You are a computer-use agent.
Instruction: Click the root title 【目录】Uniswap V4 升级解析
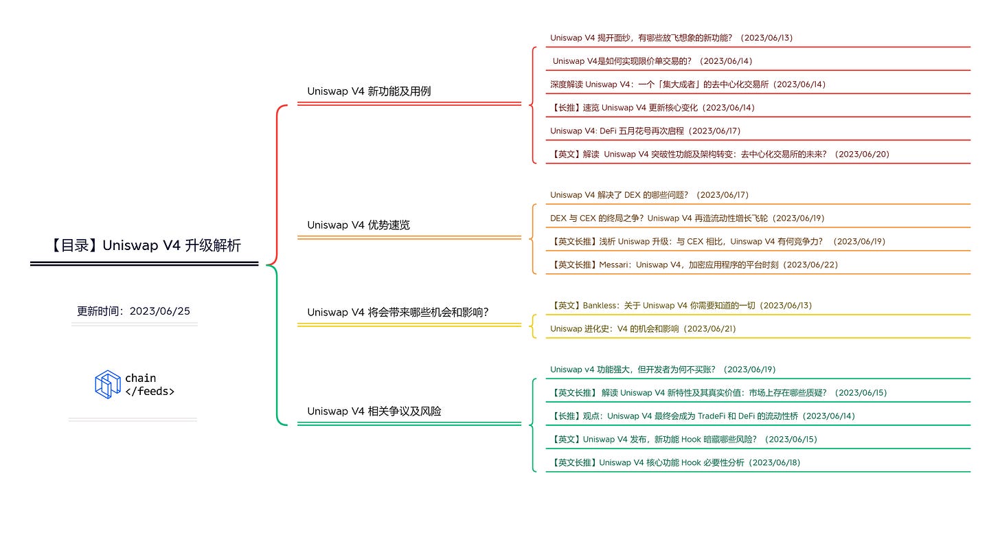tap(145, 245)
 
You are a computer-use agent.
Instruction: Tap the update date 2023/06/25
tap(159, 311)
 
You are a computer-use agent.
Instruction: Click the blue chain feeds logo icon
tap(108, 384)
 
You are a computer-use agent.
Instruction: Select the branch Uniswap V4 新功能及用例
tap(369, 91)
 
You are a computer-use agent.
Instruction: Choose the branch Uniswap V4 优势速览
tap(359, 225)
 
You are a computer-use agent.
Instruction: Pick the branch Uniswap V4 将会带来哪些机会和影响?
tap(398, 312)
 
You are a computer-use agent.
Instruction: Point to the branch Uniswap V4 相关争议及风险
tap(374, 411)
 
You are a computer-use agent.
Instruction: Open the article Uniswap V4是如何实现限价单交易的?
tap(652, 61)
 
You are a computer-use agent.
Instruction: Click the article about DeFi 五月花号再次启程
tap(645, 131)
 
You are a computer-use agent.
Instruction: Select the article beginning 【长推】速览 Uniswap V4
tap(652, 107)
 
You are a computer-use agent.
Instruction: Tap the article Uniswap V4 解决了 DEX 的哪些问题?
tap(649, 195)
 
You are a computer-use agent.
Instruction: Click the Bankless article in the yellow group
tap(681, 305)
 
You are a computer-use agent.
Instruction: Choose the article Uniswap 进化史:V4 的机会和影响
tap(643, 328)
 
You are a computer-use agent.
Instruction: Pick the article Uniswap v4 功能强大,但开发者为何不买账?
tap(663, 370)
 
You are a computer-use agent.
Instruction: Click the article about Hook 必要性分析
tap(676, 462)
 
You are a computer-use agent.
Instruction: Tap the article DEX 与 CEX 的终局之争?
tap(687, 218)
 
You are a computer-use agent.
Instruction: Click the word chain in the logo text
tap(140, 378)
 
